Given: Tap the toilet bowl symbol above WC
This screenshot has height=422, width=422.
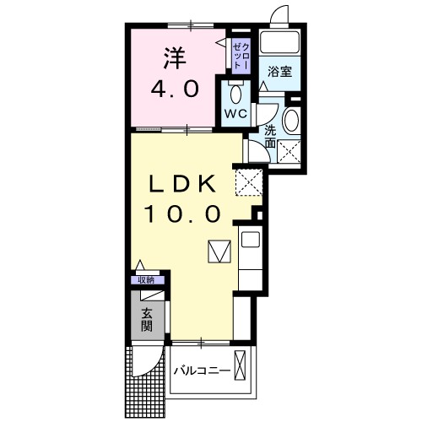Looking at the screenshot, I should pos(235,92).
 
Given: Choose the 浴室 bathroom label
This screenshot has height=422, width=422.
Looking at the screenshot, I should pos(280,72).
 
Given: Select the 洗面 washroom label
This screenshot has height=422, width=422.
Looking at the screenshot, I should pos(269,137).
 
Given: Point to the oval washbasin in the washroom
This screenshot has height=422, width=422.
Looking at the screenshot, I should pos(291,120).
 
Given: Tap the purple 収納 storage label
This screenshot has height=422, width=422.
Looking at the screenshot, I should pos(146,280).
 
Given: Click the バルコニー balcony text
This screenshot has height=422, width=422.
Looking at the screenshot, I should pos(203,371).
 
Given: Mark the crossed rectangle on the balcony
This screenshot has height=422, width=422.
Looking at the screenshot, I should pos(241,368).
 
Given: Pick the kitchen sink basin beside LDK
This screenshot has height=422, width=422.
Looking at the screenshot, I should pos(251,240).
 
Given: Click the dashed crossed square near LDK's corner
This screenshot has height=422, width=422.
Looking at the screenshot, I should pos(250,181).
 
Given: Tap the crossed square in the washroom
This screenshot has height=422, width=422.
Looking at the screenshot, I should pos(291,152).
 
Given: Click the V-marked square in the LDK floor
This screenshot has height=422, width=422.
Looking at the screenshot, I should pos(219,252).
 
